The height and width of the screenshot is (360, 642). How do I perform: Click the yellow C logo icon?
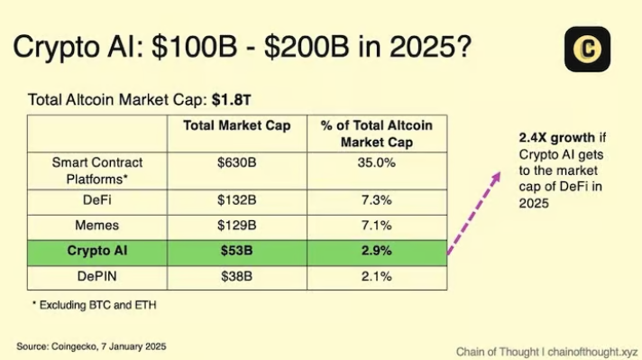click(x=587, y=49)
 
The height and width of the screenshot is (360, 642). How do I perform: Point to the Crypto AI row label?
click(x=96, y=249)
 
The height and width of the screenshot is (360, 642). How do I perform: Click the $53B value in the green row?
click(x=237, y=249)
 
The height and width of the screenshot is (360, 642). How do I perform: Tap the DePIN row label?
click(x=96, y=276)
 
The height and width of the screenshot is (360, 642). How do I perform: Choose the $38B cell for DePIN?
click(x=237, y=276)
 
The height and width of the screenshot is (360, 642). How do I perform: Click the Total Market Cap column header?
click(x=237, y=126)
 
